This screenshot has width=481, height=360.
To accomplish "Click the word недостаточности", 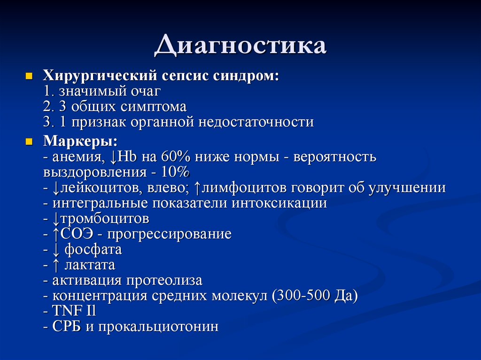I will click(256, 122).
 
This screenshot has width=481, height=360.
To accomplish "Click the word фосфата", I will click(93, 249).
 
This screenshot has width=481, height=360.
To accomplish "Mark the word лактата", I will click(90, 265).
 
